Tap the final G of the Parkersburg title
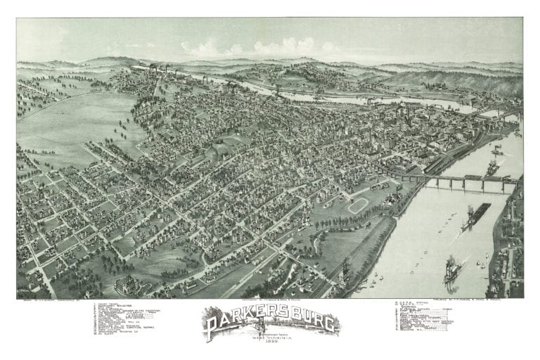(x=330, y=323)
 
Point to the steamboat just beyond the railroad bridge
(x=492, y=167)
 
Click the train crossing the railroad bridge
(x=492, y=178)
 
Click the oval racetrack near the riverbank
(x=358, y=205)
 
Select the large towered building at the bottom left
(x=126, y=285)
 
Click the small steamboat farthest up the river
(x=496, y=149)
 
